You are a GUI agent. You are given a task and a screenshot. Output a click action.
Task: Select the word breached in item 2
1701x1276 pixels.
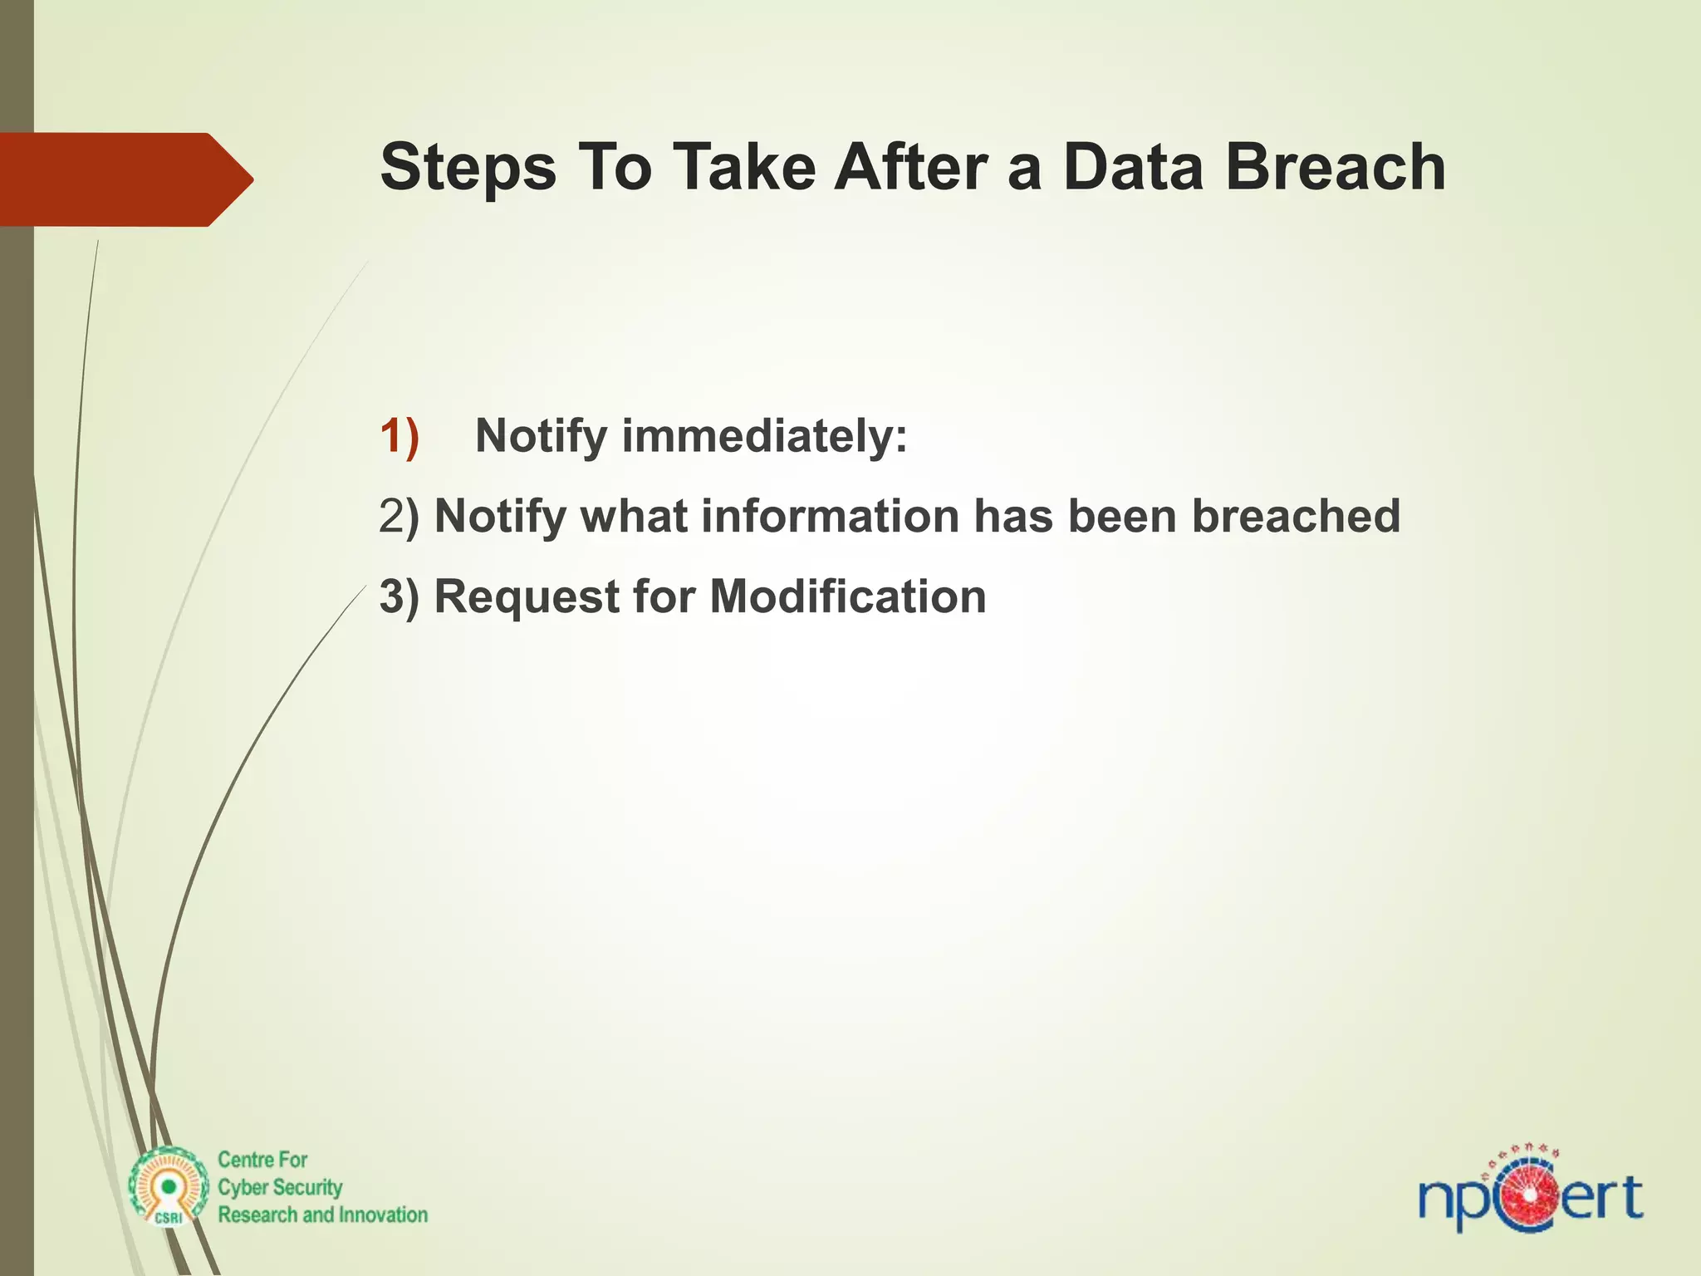[x=1296, y=516]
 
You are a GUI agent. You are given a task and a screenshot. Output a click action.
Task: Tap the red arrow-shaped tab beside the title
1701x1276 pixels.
[x=125, y=179]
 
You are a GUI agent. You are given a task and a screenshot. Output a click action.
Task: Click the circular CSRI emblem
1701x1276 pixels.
[x=169, y=1187]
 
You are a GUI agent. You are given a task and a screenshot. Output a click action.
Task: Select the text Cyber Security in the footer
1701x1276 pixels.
[x=280, y=1187]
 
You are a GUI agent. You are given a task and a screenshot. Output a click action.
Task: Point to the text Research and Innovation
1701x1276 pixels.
[x=322, y=1215]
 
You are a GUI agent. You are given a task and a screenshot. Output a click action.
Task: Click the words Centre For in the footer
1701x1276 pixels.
[x=262, y=1160]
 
